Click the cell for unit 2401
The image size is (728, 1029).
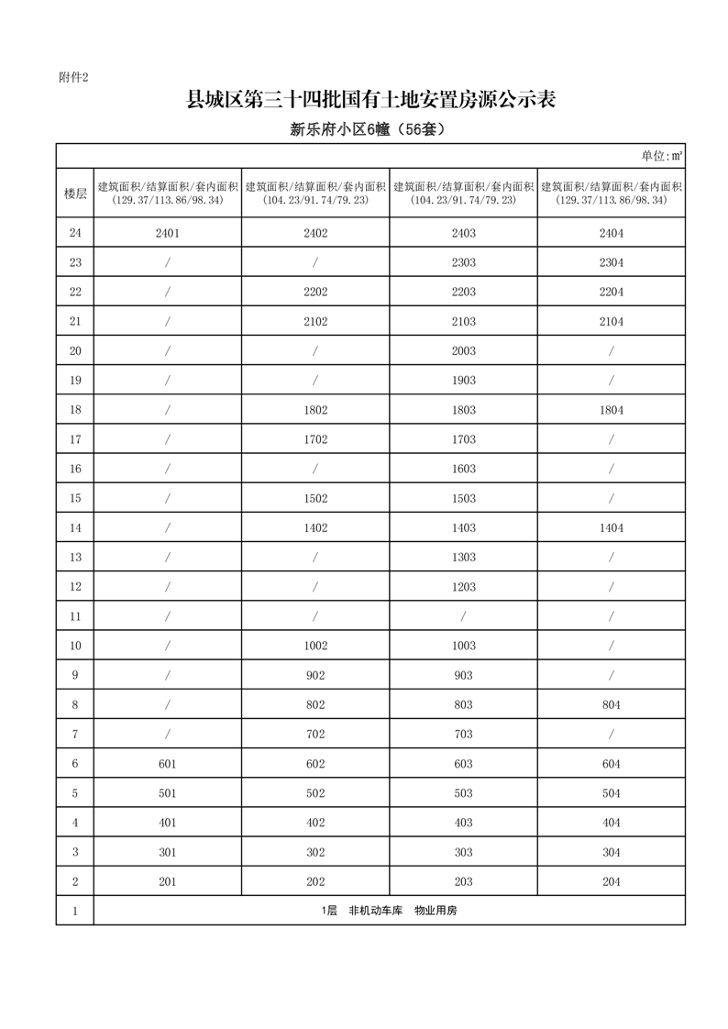click(167, 233)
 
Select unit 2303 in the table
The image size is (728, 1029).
click(463, 262)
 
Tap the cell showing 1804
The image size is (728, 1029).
click(611, 410)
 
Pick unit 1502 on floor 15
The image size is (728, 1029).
click(315, 498)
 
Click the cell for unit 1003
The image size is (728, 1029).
click(463, 646)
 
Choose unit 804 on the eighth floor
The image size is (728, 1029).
click(611, 704)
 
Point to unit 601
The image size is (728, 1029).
click(167, 764)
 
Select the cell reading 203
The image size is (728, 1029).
click(463, 881)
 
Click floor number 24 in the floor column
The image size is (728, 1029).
click(75, 233)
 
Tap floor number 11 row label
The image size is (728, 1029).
click(75, 616)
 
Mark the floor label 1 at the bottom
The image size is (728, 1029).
click(75, 911)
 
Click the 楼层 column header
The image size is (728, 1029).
click(75, 193)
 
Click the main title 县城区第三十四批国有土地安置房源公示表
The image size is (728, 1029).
click(371, 100)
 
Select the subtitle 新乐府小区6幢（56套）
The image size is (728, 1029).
click(367, 130)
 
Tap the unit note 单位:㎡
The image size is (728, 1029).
click(661, 156)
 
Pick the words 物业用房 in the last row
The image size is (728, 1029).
click(436, 911)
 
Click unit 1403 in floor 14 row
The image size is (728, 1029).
click(463, 527)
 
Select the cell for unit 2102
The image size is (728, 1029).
click(315, 321)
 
